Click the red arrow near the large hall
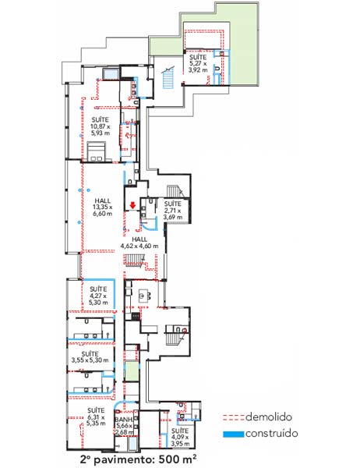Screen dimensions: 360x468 tap(132, 205)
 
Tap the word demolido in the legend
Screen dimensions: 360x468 tap(268, 417)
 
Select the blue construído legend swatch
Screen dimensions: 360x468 tap(234, 434)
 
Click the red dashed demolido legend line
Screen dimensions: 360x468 tap(234, 417)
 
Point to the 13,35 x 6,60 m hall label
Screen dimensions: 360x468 tap(103, 207)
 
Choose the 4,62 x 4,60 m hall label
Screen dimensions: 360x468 tap(139, 243)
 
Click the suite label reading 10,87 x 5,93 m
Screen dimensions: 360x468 tap(101, 126)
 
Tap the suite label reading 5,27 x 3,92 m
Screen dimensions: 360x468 tap(198, 63)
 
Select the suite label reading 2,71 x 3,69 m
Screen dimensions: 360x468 tap(173, 210)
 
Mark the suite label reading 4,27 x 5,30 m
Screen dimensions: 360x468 tap(98, 296)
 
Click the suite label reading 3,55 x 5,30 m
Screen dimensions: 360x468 tap(90, 356)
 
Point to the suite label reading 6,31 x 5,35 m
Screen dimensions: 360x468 tap(96, 417)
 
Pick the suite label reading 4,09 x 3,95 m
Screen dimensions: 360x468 tap(180, 437)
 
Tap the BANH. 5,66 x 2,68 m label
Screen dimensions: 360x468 tap(124, 426)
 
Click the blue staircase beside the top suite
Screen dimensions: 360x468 tap(168, 77)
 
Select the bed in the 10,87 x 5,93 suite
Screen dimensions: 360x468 tap(96, 152)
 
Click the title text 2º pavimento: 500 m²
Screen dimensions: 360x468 tap(139, 458)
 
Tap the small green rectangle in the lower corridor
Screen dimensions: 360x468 tap(132, 370)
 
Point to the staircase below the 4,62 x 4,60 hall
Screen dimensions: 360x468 tap(136, 261)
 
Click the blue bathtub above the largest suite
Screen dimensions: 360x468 tap(111, 73)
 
